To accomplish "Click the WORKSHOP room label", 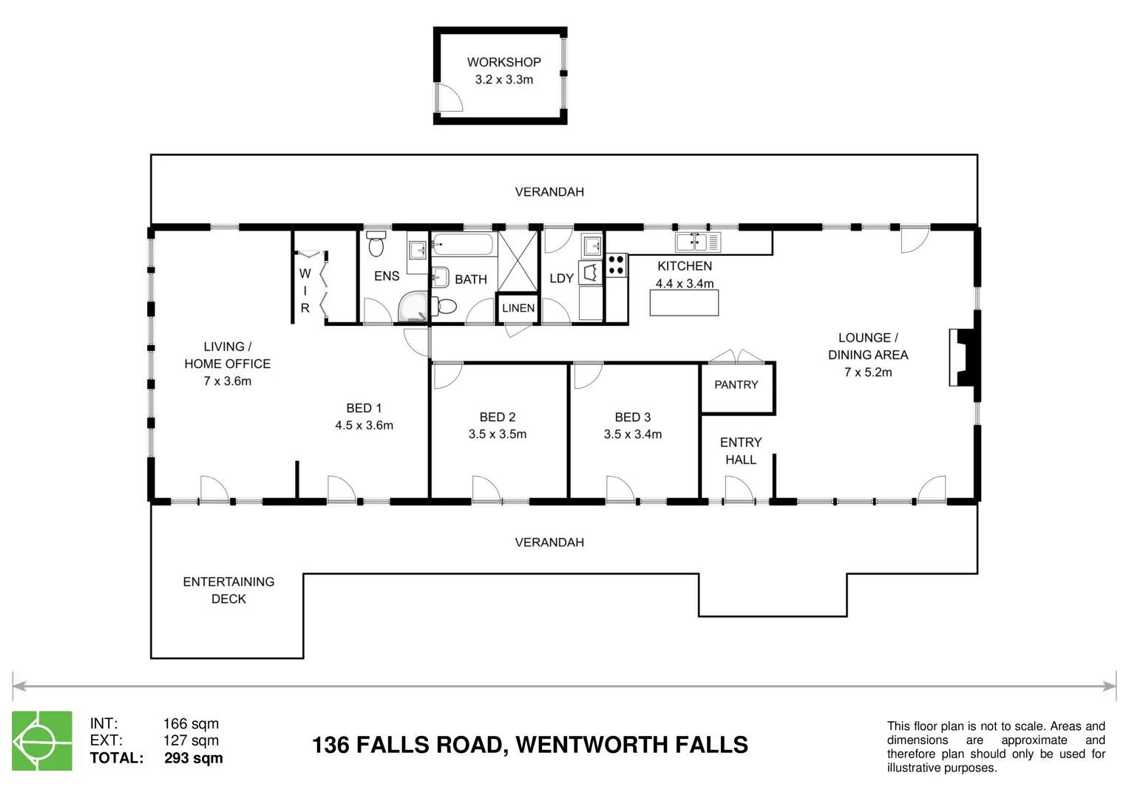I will tap(504, 63).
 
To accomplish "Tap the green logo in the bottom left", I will tap(42, 740).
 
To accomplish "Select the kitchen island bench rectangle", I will tap(684, 303).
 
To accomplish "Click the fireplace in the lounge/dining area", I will tap(963, 358).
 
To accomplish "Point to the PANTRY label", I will tap(736, 385).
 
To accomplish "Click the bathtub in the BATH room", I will tap(463, 244).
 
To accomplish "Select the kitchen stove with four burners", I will tap(616, 265).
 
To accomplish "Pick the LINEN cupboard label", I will tap(518, 308).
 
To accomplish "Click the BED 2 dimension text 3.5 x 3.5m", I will tap(497, 434).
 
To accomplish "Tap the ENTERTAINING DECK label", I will tap(228, 590).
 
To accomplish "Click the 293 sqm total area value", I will tap(193, 758).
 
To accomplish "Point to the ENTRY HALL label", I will tap(740, 451).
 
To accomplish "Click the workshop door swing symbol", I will tap(447, 98).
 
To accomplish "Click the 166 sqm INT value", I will tap(191, 723).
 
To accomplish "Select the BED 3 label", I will tap(632, 417).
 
